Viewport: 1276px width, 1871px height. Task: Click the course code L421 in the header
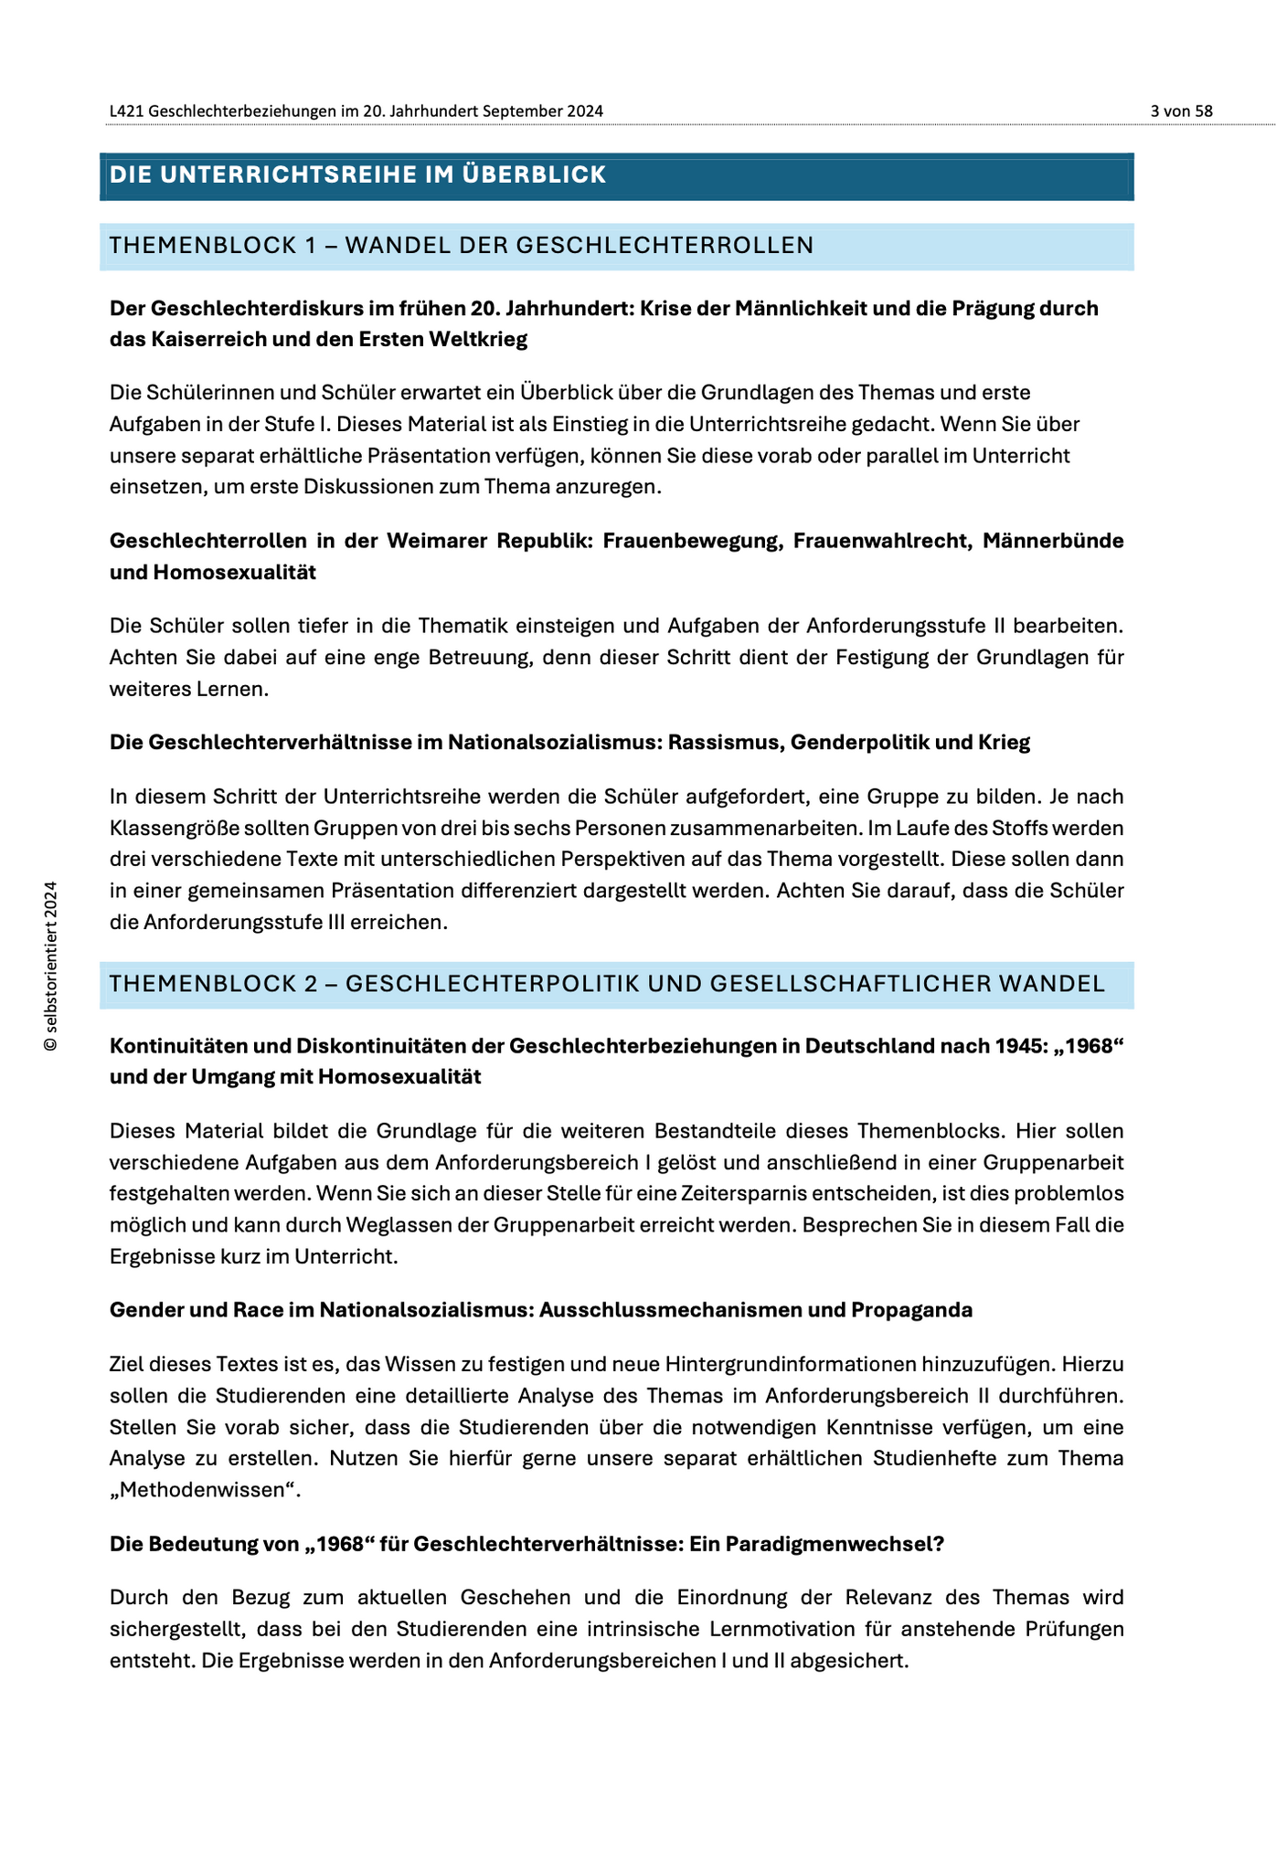click(x=125, y=111)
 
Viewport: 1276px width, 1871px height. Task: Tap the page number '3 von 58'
click(x=1181, y=111)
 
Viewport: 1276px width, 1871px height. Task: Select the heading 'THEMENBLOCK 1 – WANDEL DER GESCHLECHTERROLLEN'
click(x=461, y=245)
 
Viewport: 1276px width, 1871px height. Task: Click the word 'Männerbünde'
click(x=1053, y=541)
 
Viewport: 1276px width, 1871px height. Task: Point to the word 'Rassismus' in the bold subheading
click(x=726, y=743)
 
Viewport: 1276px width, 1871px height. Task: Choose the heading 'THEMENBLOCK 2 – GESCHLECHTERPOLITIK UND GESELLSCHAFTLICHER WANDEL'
click(x=607, y=984)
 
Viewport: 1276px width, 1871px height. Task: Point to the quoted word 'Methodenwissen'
click(x=204, y=1490)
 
